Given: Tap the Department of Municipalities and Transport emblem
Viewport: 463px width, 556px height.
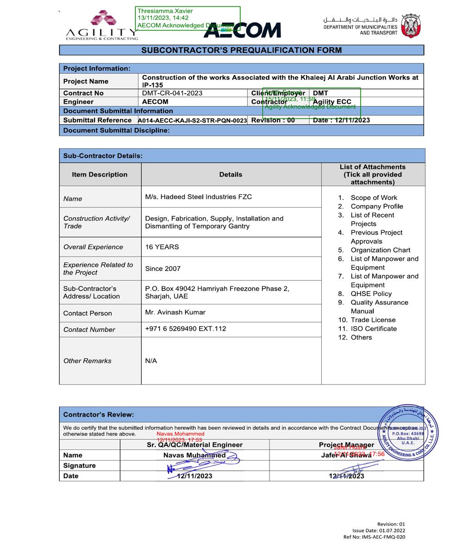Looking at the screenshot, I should (411, 25).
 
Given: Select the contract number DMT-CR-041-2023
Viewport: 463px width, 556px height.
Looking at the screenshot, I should (172, 93).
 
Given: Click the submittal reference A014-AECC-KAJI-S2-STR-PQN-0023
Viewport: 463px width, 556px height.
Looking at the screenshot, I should (193, 120).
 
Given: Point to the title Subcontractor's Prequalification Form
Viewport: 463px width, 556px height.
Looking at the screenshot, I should (241, 50).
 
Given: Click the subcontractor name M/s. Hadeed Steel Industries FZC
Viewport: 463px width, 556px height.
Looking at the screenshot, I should (198, 197).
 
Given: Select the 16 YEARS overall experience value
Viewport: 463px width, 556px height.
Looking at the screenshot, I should (162, 247).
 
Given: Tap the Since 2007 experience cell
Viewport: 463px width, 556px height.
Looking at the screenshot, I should (163, 269).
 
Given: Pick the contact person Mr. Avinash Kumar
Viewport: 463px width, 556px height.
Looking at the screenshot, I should (175, 312).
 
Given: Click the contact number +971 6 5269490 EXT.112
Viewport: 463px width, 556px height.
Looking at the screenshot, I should (185, 329).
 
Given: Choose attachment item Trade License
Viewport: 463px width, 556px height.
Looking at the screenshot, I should (373, 320).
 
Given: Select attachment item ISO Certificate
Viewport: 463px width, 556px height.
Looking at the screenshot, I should (373, 329).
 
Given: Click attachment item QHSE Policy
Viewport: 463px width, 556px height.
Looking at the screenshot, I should (371, 294).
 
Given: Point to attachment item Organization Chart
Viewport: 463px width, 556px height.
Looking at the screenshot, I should (380, 250).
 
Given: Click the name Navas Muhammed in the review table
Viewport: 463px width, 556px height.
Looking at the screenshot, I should (194, 455).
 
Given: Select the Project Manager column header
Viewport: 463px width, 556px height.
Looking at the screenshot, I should (346, 445).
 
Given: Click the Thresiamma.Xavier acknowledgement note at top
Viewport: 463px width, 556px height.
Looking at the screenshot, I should (188, 18).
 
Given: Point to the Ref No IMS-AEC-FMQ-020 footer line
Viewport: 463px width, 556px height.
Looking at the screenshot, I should (374, 537).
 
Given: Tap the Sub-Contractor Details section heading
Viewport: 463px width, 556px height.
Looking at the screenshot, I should (103, 156).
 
